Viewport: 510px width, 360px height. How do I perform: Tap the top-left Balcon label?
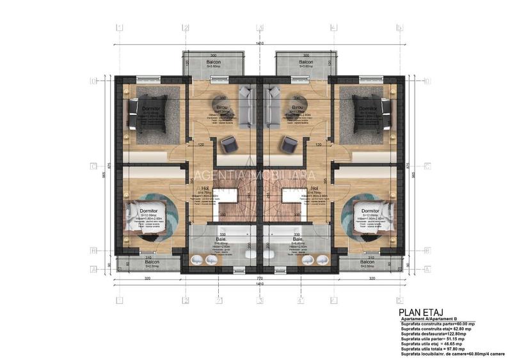tap(215, 61)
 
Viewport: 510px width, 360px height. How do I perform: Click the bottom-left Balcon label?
tap(152, 262)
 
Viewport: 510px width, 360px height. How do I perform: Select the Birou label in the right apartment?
tap(298, 107)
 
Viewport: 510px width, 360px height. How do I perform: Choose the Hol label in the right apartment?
tap(314, 189)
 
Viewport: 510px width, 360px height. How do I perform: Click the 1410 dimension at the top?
tap(259, 43)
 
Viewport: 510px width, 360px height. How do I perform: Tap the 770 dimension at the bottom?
tap(259, 279)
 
